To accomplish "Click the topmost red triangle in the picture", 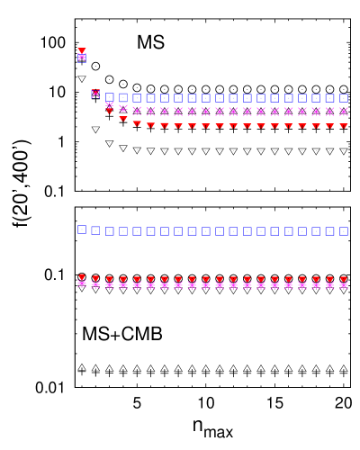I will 82,51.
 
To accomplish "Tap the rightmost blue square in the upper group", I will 344,98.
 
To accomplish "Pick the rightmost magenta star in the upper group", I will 344,112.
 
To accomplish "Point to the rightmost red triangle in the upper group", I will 344,126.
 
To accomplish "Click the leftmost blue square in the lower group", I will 82,229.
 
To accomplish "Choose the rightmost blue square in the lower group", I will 344,231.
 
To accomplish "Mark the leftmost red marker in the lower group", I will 82,277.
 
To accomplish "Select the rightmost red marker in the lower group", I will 344,280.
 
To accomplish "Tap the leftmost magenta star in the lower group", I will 82,283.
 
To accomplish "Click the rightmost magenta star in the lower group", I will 344,285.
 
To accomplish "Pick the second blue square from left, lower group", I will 95,230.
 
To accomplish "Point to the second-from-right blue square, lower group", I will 329,231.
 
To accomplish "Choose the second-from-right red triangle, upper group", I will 329,126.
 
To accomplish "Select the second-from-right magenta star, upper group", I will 329,112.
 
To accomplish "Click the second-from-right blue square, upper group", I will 329,98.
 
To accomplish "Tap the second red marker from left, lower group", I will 95,279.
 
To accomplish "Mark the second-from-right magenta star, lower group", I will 329,285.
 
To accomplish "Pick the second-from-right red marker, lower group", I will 329,280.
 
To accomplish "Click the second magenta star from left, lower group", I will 95,284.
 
